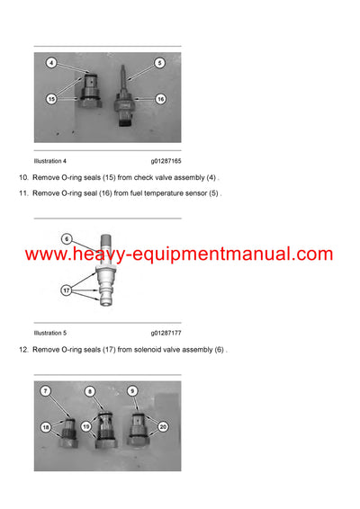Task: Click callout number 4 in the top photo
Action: pyautogui.click(x=52, y=64)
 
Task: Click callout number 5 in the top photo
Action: pyautogui.click(x=159, y=63)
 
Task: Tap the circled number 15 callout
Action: pyautogui.click(x=52, y=99)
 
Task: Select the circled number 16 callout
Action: pyautogui.click(x=160, y=99)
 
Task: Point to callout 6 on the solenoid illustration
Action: pyautogui.click(x=67, y=238)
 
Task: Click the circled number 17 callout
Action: pyautogui.click(x=67, y=290)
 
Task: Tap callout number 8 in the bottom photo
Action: pyautogui.click(x=90, y=391)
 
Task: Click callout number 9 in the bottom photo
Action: pyautogui.click(x=132, y=391)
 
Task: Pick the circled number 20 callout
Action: pyautogui.click(x=163, y=426)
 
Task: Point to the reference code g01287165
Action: pyautogui.click(x=166, y=160)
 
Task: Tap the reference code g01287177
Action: pyautogui.click(x=166, y=333)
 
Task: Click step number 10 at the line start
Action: pyautogui.click(x=23, y=179)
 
